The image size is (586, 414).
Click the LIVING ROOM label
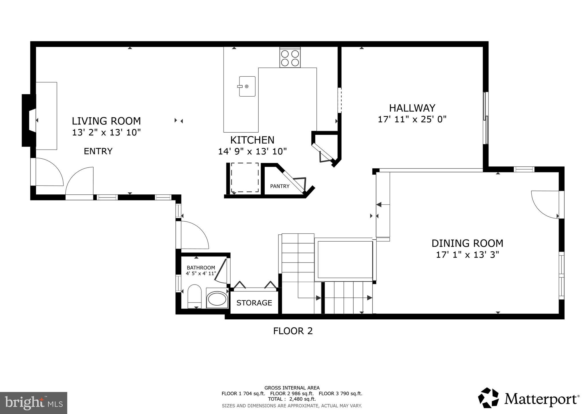click(106, 121)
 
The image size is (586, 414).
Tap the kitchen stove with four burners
click(290, 58)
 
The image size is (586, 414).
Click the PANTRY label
click(280, 186)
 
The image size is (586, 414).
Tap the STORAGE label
click(254, 303)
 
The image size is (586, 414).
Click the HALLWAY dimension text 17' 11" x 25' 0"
click(412, 119)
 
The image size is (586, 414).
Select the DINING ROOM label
click(467, 243)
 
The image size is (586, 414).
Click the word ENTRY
click(98, 151)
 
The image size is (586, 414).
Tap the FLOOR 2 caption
click(293, 331)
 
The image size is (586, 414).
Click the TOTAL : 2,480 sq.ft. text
click(292, 399)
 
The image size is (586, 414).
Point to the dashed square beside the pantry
click(245, 178)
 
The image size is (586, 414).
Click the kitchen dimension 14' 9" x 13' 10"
click(252, 151)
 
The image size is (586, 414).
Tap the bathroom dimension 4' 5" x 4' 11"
click(201, 273)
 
